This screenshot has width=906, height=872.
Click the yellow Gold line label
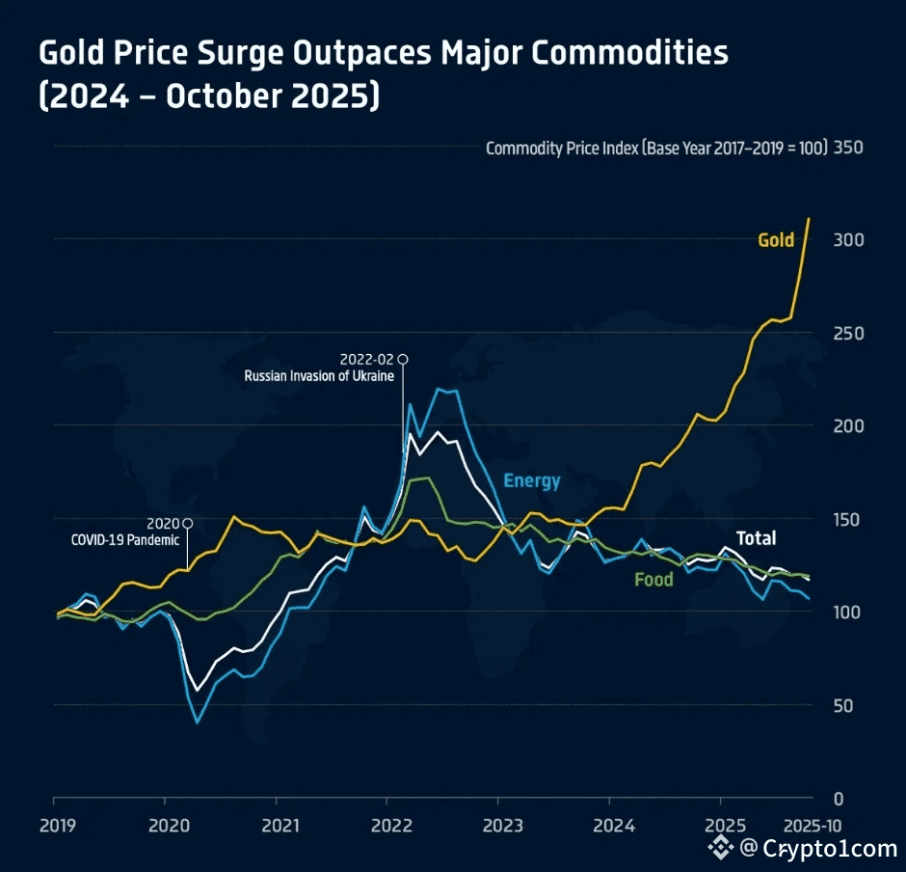tap(775, 239)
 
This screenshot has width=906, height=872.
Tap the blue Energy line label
tap(531, 480)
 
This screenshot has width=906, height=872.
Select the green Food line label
tap(653, 580)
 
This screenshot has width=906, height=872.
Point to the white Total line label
tap(756, 538)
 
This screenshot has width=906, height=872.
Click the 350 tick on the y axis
tap(849, 149)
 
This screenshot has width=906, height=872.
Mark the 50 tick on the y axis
tap(844, 705)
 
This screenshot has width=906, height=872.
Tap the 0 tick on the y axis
tap(839, 799)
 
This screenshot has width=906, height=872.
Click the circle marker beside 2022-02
tap(403, 359)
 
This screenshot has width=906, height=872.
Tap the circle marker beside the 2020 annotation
tap(188, 523)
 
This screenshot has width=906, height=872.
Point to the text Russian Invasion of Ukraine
tap(319, 375)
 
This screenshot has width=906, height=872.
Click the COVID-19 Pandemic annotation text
tap(125, 539)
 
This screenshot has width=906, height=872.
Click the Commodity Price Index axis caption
tap(656, 149)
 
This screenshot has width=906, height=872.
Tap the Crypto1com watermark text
tap(829, 848)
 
